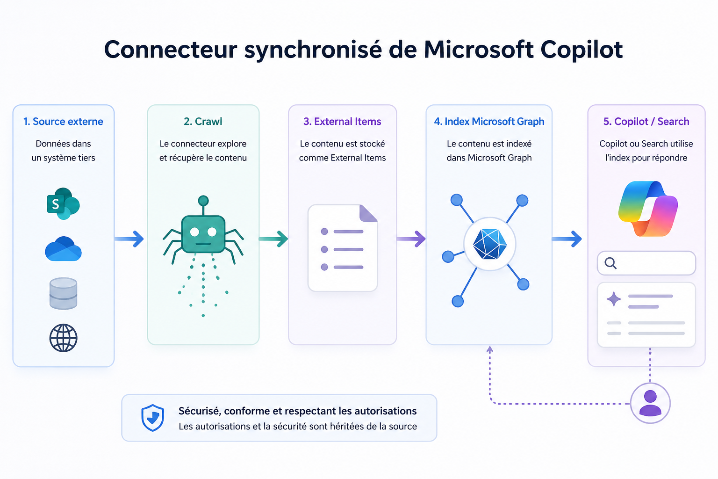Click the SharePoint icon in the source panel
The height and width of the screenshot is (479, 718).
point(63,204)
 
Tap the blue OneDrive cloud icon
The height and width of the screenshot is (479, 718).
point(63,249)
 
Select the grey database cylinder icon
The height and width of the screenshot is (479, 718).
point(63,293)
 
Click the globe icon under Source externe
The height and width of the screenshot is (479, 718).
point(63,338)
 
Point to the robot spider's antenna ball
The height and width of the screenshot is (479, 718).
point(203,201)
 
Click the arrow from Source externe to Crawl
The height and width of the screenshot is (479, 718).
point(129,239)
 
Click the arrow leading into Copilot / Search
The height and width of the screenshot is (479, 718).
point(567,239)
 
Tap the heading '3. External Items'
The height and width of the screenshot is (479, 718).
point(342,122)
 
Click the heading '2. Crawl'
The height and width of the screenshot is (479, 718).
point(203,122)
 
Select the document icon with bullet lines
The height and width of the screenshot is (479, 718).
point(343,248)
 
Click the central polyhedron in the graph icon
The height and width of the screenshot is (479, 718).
point(489,244)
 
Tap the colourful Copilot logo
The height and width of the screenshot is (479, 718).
point(648,209)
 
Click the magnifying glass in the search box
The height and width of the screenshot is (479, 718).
point(610,263)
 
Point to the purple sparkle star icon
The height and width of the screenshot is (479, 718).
point(614,299)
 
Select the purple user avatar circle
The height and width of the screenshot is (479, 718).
point(650,403)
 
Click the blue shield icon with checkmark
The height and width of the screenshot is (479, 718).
point(153,417)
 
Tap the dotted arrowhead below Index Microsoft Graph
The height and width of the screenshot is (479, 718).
point(490,349)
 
